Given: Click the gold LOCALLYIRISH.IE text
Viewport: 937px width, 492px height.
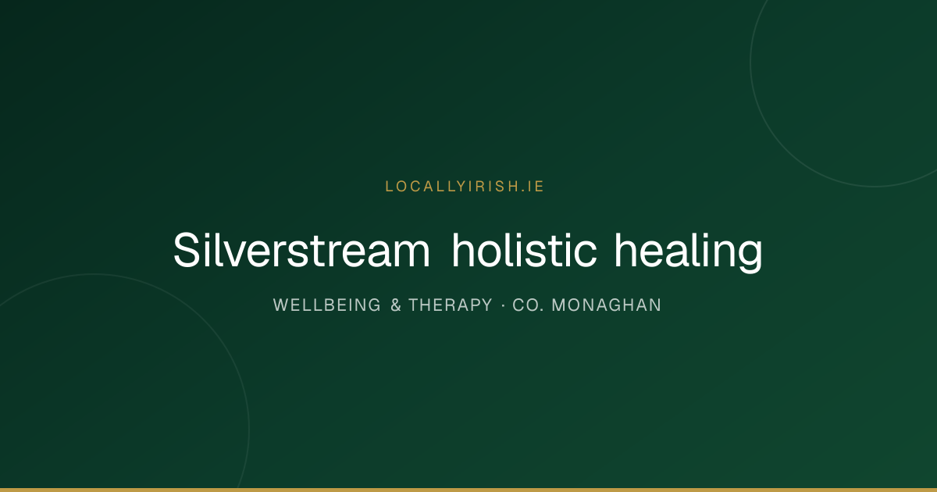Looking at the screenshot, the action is coord(465,187).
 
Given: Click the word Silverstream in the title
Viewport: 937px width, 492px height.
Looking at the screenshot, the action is coord(301,250).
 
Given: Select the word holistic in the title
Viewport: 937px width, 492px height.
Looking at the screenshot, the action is coord(524,250).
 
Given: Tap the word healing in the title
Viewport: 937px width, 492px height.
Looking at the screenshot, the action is coord(689,253).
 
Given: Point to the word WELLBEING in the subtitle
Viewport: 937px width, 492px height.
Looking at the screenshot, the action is coord(326,305).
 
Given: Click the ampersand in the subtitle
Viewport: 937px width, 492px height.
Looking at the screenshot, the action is coord(396,305).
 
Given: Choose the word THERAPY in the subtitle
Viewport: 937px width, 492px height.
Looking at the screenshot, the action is coord(451,305).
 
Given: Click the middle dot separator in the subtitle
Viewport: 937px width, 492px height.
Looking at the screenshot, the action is coord(503,306).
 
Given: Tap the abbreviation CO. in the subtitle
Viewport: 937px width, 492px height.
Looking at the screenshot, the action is coord(529,305).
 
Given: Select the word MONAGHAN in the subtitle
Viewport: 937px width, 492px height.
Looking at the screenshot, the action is coord(607,305).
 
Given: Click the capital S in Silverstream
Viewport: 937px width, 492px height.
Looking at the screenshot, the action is coord(186,250).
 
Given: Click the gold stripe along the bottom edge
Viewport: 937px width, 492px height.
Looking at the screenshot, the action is coord(468,490).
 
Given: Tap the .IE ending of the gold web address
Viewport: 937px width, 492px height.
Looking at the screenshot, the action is coord(533,187).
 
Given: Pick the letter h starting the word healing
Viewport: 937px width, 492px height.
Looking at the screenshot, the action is coord(625,250).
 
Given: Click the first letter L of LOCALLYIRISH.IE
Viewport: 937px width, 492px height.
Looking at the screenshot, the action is coord(389,187).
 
